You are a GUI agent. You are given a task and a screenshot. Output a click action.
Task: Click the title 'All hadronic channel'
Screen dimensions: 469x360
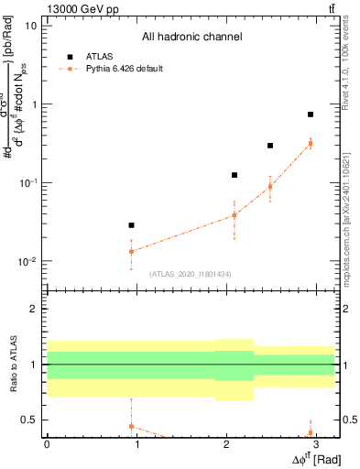[191, 38]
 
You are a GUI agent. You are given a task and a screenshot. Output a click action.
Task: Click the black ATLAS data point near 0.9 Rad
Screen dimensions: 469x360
[131, 225]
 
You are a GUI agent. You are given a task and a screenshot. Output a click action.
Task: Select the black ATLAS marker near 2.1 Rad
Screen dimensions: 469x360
[235, 175]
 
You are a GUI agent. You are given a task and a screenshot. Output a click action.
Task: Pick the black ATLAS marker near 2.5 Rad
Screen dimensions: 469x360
[270, 146]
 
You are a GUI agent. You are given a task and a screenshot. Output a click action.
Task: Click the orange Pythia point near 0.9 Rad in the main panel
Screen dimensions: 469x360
[131, 251]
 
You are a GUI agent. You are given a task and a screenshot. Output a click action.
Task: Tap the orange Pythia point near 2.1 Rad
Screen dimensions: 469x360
[235, 215]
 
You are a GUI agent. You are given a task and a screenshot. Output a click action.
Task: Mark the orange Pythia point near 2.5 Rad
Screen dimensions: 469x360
[270, 187]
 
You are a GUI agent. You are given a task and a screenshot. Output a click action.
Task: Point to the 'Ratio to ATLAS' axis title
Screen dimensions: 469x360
[12, 365]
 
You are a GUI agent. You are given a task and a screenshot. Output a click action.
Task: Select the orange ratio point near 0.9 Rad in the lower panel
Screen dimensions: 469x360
[131, 426]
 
